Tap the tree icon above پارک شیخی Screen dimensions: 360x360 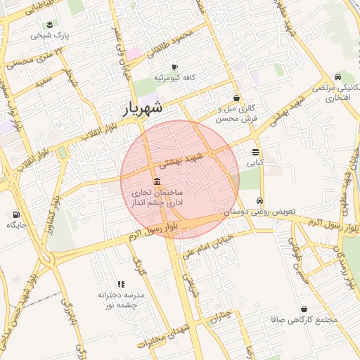coord(50,25)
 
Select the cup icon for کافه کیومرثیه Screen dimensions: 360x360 coord(174,67)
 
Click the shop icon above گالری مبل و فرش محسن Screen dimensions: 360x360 coord(236,98)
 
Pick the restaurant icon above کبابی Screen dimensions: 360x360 coord(255,151)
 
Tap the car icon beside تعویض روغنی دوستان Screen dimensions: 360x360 coord(260,200)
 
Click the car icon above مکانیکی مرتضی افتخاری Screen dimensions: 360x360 coord(338,77)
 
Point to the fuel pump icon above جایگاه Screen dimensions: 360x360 coord(15,214)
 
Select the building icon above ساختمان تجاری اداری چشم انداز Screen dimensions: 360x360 coord(155,181)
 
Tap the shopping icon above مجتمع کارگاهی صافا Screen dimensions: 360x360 coord(304,309)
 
